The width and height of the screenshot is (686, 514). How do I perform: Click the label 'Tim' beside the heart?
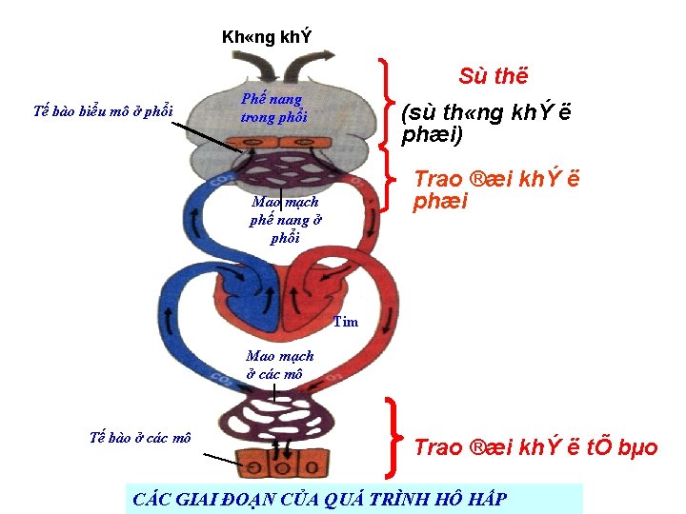346,322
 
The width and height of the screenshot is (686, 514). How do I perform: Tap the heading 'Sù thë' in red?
493,76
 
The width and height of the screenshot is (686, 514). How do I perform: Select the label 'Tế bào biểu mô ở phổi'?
103,109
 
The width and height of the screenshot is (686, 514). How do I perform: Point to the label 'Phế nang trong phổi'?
272,108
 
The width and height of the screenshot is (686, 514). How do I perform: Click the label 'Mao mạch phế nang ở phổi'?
285,220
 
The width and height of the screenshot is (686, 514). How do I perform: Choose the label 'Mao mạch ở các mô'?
279,366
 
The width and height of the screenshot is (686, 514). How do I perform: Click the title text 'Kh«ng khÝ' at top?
266,38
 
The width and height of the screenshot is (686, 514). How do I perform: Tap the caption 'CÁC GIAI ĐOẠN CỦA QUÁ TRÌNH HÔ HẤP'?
320,498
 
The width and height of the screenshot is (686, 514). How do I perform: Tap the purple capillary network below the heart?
280,420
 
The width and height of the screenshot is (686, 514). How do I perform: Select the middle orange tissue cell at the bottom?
283,467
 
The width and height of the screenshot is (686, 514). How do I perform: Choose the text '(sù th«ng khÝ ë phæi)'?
486,124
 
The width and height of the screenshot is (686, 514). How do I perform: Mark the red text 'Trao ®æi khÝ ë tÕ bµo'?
535,447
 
